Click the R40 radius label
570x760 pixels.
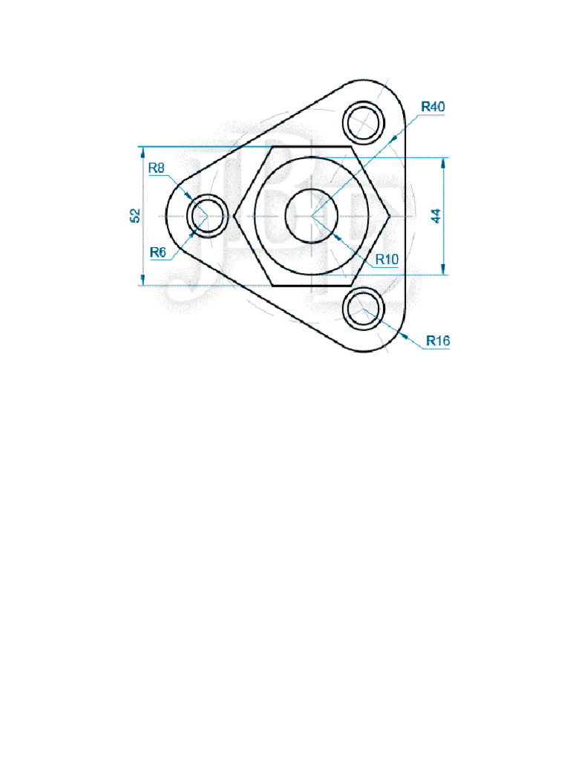(x=433, y=107)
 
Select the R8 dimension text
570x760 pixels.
(x=157, y=168)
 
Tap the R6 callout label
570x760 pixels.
(x=157, y=252)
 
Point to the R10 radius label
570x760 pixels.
(x=387, y=259)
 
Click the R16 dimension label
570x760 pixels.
(x=438, y=341)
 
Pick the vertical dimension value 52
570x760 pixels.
(x=135, y=215)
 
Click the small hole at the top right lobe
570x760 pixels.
(x=365, y=120)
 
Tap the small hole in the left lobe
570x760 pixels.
(x=206, y=214)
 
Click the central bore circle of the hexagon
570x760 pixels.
(x=312, y=215)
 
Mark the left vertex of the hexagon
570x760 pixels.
(x=235, y=215)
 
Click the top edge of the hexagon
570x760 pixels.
(x=312, y=147)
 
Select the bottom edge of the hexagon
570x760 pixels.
(x=312, y=284)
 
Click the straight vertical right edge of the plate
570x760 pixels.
(x=407, y=215)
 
